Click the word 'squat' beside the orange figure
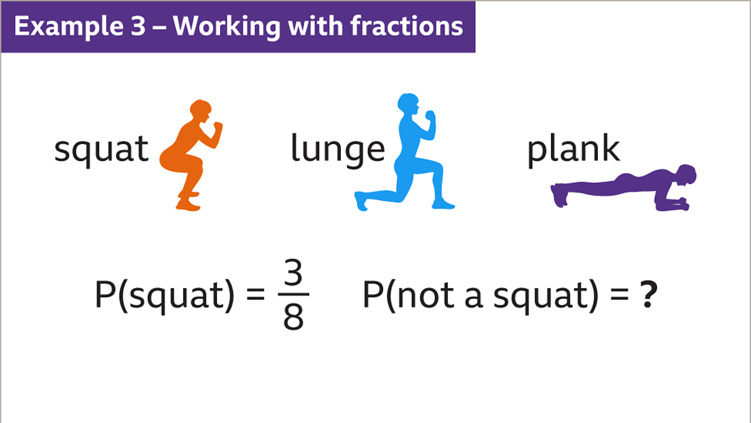click(101, 149)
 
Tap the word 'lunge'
click(337, 149)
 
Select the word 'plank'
click(573, 149)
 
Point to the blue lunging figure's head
click(408, 105)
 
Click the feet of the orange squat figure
click(188, 204)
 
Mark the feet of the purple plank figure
click(559, 194)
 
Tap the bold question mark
click(647, 296)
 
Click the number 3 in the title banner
click(137, 26)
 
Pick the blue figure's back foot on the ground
click(361, 201)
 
